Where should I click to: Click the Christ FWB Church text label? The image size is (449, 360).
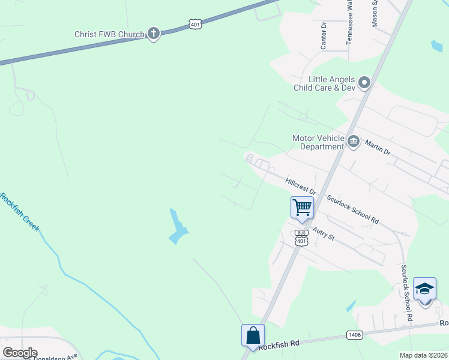tap(109, 34)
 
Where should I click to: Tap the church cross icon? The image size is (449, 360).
tap(153, 34)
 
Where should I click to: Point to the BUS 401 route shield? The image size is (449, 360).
tap(301, 238)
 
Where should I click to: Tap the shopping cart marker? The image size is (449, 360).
tap(302, 208)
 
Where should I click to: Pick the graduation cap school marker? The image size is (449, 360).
tap(425, 289)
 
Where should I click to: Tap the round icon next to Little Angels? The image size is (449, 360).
tap(364, 82)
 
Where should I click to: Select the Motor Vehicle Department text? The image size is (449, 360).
tap(318, 142)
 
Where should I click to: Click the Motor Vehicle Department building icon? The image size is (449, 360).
tap(353, 142)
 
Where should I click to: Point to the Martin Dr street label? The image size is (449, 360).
tap(378, 148)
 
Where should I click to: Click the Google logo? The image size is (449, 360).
tap(20, 353)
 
